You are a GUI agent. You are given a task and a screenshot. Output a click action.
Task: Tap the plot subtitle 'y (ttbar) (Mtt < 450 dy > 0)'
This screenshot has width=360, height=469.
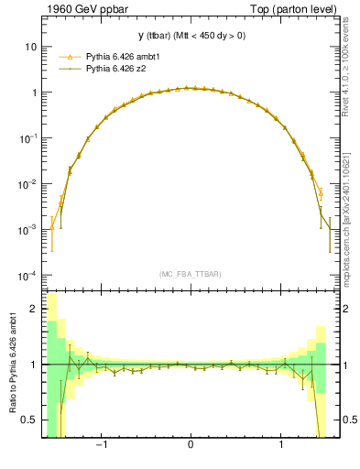click(191, 36)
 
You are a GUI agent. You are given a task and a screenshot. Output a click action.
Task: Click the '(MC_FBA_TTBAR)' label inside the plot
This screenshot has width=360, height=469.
click(190, 274)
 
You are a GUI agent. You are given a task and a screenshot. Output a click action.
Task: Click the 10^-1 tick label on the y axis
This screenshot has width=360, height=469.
click(29, 138)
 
